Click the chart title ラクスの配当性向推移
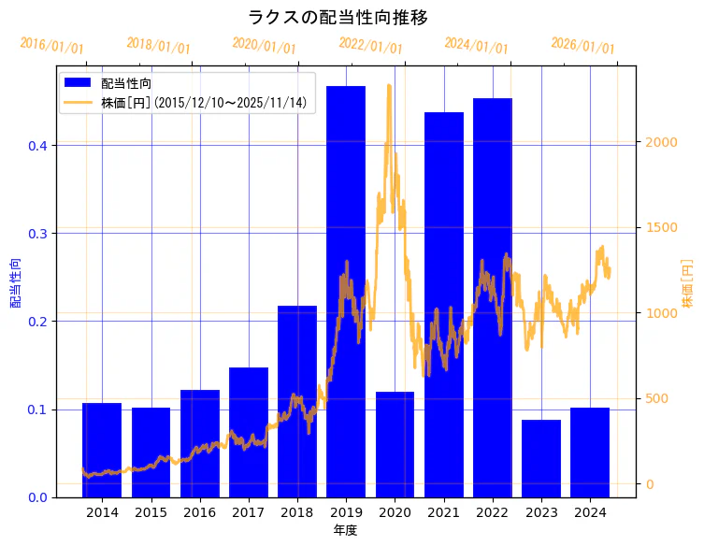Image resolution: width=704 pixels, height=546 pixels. [338, 18]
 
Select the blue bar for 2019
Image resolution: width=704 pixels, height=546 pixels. [346, 291]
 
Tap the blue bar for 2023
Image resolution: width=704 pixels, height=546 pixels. [541, 458]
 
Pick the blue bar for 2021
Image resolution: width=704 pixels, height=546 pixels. [444, 304]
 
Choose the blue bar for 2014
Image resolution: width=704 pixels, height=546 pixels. [102, 450]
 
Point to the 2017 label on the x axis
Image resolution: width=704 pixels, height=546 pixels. [249, 512]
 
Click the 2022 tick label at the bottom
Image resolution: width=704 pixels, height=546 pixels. [493, 512]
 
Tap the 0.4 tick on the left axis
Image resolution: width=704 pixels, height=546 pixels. [37, 146]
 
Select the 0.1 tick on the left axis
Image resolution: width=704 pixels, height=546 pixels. [37, 409]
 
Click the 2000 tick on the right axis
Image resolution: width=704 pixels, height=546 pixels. [661, 142]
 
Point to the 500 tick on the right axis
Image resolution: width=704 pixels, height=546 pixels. [657, 399]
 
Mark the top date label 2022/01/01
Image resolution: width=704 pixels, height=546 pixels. [371, 46]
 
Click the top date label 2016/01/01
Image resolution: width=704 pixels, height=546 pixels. [51, 46]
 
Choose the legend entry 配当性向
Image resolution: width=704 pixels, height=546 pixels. [126, 83]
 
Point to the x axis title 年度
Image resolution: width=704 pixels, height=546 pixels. [345, 530]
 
